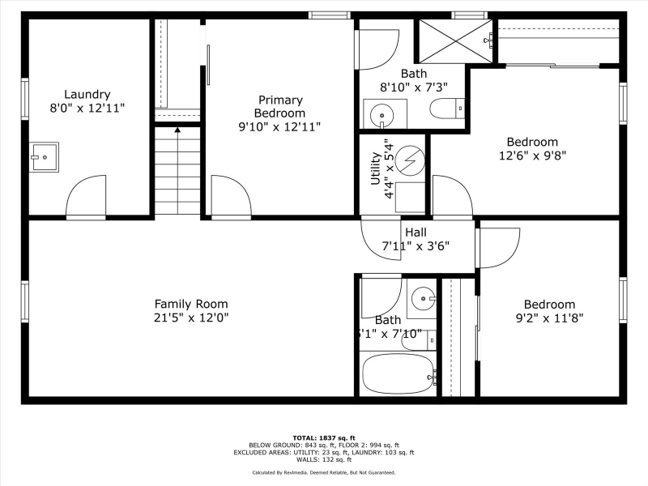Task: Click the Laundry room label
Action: tap(87, 94)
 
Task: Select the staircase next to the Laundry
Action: tap(177, 170)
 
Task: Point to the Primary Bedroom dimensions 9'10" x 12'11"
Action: tap(279, 126)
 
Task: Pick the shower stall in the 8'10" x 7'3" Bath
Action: tap(454, 40)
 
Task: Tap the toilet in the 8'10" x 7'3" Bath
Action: tap(448, 109)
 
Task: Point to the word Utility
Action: tap(376, 168)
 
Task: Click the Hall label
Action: tap(416, 232)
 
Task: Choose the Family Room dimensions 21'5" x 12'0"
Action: tap(192, 318)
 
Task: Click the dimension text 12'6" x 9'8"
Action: tap(532, 156)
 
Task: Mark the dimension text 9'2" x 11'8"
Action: tap(549, 318)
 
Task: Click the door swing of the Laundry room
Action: tap(86, 198)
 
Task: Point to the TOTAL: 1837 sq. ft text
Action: tap(323, 437)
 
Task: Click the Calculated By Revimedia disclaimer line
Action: tap(323, 471)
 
